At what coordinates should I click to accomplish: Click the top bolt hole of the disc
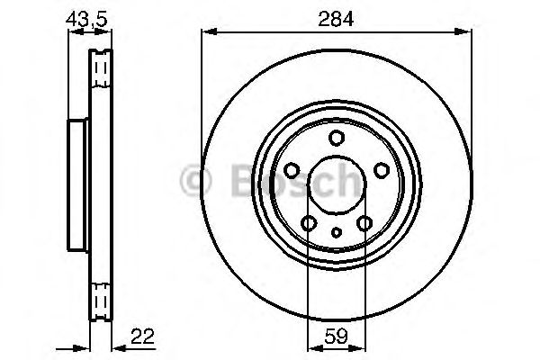point(337,138)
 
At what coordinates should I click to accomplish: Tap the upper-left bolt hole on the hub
point(292,170)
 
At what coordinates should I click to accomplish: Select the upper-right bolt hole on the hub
point(382,170)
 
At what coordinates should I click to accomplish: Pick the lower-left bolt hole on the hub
point(309,223)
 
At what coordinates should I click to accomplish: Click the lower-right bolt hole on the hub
point(364,223)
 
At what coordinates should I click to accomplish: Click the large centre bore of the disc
point(337,184)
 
